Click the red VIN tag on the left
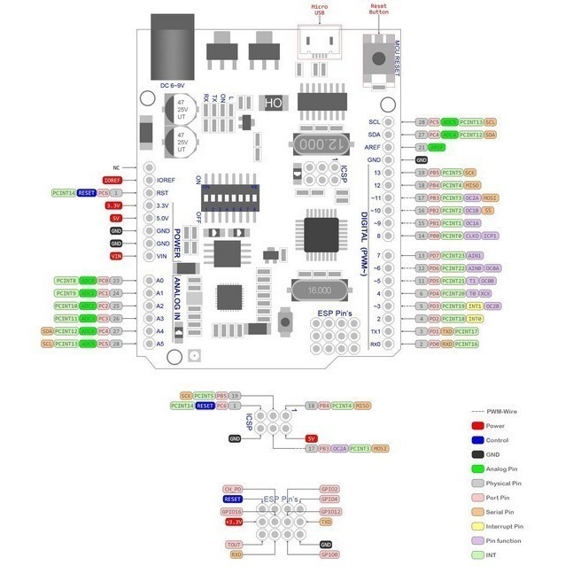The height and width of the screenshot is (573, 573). pyautogui.click(x=116, y=256)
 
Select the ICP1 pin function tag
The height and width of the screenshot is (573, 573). pyautogui.click(x=492, y=236)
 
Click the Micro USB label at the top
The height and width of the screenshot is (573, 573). pyautogui.click(x=319, y=11)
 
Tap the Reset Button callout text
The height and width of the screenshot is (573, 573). pyautogui.click(x=378, y=9)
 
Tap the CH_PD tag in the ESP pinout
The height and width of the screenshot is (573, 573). pyautogui.click(x=232, y=489)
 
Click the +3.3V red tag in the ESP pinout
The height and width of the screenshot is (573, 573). pyautogui.click(x=233, y=523)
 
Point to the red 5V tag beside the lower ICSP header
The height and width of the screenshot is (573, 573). pyautogui.click(x=311, y=438)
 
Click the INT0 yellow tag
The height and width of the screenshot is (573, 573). pyautogui.click(x=475, y=319)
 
